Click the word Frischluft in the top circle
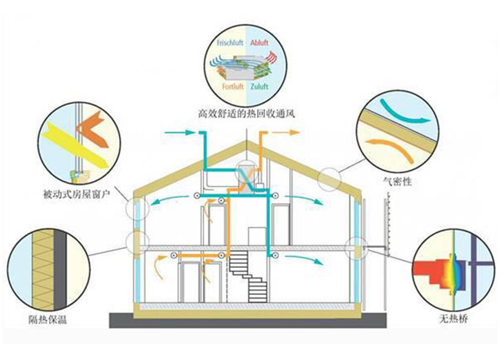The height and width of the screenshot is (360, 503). [229, 43]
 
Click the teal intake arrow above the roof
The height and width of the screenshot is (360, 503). [182, 131]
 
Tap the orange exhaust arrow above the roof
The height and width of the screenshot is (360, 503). [288, 131]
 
